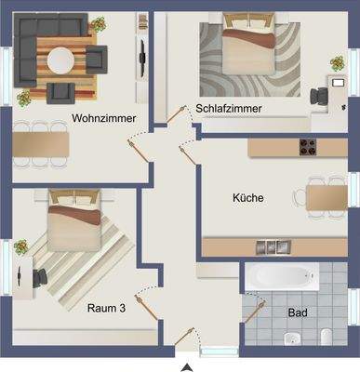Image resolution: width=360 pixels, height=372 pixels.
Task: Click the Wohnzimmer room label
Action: pyautogui.click(x=104, y=118)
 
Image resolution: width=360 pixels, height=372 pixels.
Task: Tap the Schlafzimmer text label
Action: pyautogui.click(x=228, y=109)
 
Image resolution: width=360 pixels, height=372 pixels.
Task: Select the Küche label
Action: pyautogui.click(x=247, y=197)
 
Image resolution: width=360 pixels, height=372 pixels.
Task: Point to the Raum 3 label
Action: pyautogui.click(x=107, y=308)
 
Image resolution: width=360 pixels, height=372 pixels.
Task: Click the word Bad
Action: pyautogui.click(x=298, y=312)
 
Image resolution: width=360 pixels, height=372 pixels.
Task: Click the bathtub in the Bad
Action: pyautogui.click(x=280, y=277)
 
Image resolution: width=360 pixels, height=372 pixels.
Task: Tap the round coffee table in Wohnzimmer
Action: pyautogui.click(x=62, y=60)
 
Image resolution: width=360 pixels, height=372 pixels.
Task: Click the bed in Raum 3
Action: pyautogui.click(x=76, y=221)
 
